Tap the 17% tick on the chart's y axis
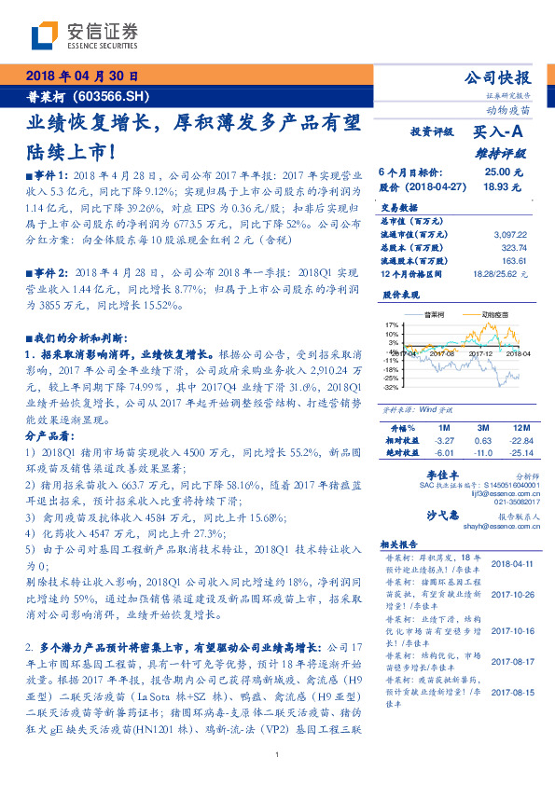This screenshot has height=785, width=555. (392, 325)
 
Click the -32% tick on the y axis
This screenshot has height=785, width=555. (392, 387)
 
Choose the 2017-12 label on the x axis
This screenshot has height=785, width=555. (481, 354)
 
